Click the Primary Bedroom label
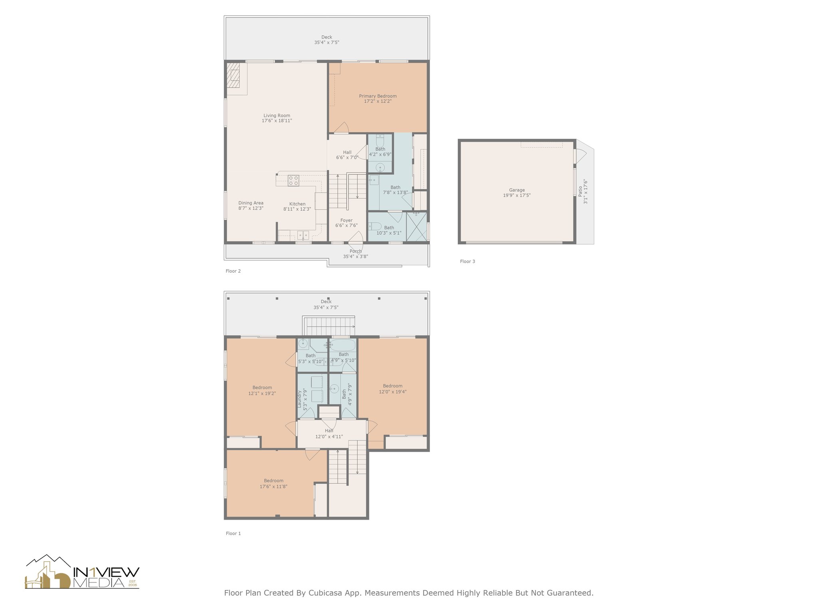point(377,96)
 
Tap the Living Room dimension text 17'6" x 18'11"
point(277,121)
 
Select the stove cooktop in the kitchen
point(294,181)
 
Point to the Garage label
point(517,190)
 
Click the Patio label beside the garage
point(580,191)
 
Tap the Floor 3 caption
point(467,261)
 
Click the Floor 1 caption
point(233,533)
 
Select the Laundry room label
point(300,399)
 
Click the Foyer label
point(346,220)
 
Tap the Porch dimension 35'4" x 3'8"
point(355,257)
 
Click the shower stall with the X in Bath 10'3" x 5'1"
point(417,227)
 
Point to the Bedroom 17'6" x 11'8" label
point(274,481)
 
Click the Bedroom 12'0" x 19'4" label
point(393,386)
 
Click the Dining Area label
point(251,203)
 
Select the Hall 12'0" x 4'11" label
point(329,431)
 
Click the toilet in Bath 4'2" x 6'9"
point(380,141)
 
